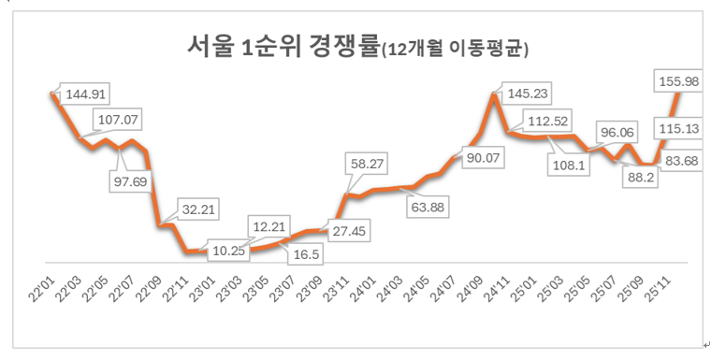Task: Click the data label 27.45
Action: (349, 229)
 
